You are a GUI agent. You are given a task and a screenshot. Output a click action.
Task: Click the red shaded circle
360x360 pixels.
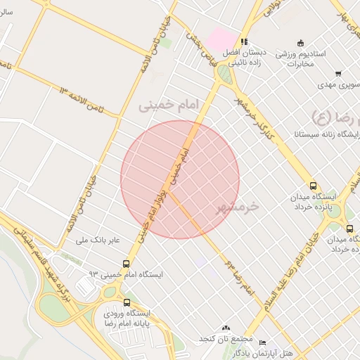[x=180, y=179]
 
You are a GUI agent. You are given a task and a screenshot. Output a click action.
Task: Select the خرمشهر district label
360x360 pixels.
[x=234, y=206]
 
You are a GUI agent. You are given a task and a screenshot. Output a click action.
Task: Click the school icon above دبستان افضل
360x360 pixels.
[x=244, y=41]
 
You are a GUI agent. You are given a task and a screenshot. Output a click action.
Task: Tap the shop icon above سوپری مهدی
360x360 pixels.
[x=338, y=74]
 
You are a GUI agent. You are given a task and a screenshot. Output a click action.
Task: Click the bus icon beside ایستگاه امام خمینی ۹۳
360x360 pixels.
[x=126, y=264]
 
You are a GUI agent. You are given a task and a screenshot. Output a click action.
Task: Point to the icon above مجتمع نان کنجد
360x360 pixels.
[x=226, y=328]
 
